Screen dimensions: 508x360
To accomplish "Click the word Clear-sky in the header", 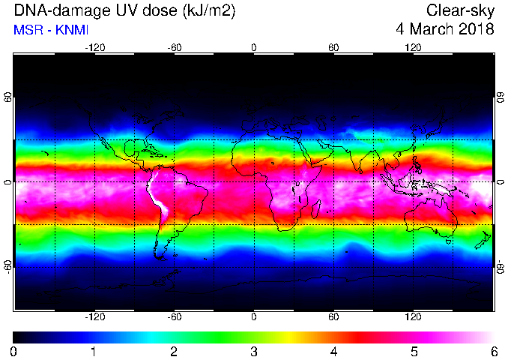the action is point(460,11).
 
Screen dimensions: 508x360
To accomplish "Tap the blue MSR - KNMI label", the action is point(51,30).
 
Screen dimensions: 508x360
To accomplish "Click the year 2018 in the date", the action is point(477,29).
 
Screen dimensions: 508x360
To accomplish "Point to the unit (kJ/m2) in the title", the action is point(208,11).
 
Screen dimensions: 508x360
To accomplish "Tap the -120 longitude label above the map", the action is point(95,48).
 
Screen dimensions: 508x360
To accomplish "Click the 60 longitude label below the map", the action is point(333,316).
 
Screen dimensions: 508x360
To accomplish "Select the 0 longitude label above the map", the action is point(254,48).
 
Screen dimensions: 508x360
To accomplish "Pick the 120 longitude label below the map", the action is point(413,316).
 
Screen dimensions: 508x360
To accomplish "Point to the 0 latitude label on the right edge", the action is point(501,182).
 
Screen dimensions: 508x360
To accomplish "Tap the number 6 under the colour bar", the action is point(494,352).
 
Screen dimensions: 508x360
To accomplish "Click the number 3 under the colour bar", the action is point(254,352).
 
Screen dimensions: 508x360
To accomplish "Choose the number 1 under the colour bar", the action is point(94,352).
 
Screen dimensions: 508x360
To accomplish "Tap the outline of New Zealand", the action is point(483,240).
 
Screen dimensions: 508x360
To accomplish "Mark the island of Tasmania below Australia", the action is point(449,241).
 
